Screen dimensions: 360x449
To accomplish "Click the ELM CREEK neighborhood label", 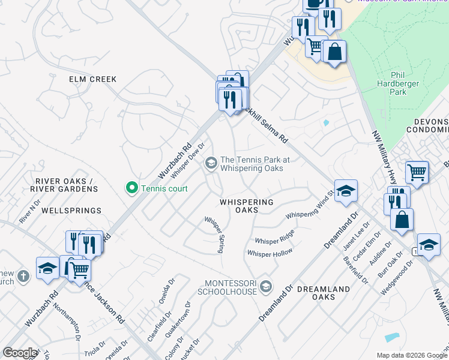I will point(92,79).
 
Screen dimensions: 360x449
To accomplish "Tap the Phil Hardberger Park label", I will point(398,83).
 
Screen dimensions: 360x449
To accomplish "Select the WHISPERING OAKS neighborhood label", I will point(246,206).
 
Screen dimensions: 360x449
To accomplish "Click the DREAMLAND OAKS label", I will point(323,293).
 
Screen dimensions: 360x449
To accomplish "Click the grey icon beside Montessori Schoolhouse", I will point(267,287).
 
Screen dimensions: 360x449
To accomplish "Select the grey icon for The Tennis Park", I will point(211,163).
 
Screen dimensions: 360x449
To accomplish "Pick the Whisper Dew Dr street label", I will point(188,160).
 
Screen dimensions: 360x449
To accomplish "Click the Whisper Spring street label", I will point(214,235).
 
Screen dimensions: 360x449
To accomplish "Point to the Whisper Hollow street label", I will point(270,253).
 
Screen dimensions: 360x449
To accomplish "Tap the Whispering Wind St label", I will point(310,206).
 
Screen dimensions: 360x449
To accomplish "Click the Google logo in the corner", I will point(20,353).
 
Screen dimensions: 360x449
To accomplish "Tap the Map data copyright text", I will point(411,355).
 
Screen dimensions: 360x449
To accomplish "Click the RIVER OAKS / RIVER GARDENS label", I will point(66,185).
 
